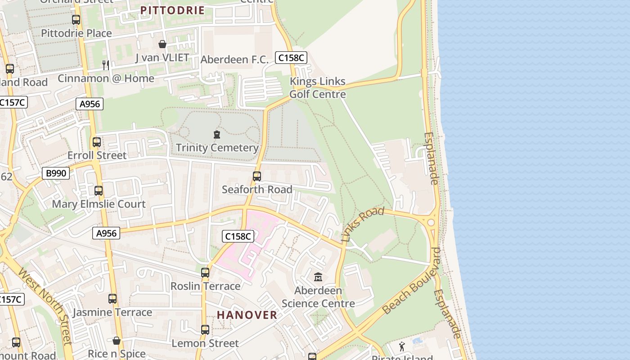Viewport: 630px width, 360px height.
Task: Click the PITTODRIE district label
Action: (x=172, y=10)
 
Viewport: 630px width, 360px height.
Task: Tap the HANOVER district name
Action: (x=247, y=315)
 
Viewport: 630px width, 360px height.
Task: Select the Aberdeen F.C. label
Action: (x=234, y=59)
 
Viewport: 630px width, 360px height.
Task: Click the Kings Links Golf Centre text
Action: (x=318, y=88)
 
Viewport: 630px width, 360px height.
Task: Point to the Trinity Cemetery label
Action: (x=217, y=148)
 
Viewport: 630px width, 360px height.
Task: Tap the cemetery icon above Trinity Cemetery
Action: (x=217, y=135)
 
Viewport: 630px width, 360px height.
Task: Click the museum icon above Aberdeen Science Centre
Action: (x=318, y=277)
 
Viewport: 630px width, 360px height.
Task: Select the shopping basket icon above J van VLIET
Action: (x=162, y=44)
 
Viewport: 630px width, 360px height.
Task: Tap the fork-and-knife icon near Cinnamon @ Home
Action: (x=106, y=65)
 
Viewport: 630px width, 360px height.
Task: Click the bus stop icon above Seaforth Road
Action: (x=257, y=176)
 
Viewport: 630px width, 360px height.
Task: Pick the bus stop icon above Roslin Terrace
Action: (x=205, y=273)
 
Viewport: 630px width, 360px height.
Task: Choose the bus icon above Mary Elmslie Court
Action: (x=99, y=191)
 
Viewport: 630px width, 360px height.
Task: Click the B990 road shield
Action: (x=56, y=173)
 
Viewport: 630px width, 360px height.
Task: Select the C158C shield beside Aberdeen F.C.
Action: (x=292, y=58)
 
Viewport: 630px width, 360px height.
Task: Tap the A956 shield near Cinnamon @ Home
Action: (x=90, y=104)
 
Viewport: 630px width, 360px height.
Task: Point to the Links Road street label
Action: (x=363, y=225)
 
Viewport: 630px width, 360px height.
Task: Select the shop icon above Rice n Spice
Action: (x=117, y=341)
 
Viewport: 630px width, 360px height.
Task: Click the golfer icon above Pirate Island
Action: (x=402, y=346)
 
